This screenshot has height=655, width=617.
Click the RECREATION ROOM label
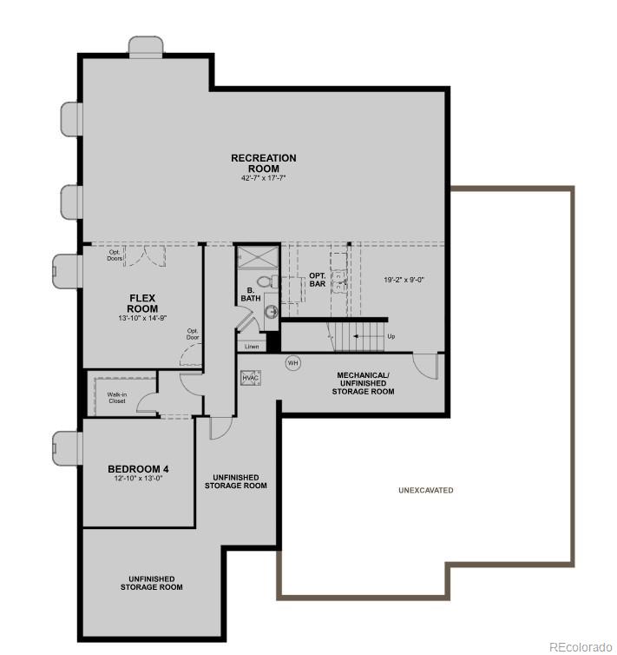click(263, 162)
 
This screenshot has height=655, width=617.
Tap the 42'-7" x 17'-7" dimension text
click(263, 177)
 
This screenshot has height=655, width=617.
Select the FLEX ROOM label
click(142, 303)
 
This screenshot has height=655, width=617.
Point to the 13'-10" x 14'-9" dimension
click(142, 318)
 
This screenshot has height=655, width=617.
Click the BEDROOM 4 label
click(138, 469)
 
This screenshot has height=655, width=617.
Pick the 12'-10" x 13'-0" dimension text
click(138, 479)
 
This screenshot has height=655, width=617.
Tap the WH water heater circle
click(292, 362)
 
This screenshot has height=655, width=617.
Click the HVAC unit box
click(250, 378)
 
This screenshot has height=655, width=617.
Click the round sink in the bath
click(271, 312)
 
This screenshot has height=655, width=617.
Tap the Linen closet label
click(252, 347)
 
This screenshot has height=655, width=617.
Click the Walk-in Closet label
click(116, 398)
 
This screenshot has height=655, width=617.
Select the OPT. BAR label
click(318, 280)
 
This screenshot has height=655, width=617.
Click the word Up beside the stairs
click(391, 335)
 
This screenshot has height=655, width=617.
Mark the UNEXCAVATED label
click(425, 490)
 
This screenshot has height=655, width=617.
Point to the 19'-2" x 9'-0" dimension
click(404, 280)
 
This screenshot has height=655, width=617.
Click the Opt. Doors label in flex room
click(115, 255)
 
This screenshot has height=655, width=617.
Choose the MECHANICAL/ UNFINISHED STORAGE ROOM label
click(363, 383)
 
